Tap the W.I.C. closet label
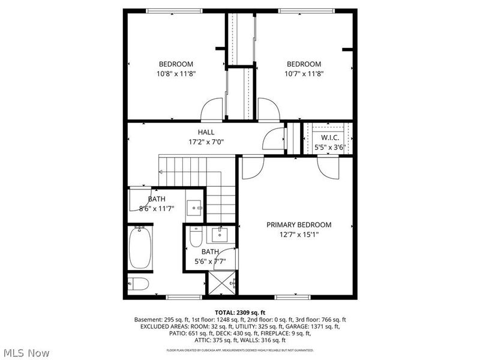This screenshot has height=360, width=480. [326, 137]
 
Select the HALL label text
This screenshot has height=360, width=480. [206, 132]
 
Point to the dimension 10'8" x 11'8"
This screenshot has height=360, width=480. [176, 74]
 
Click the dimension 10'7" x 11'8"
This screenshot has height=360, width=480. [304, 74]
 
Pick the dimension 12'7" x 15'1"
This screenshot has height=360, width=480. [299, 235]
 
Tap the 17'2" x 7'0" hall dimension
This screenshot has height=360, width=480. [206, 142]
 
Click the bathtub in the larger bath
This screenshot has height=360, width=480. [140, 248]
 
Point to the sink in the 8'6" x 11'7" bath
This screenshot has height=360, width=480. [194, 207]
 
